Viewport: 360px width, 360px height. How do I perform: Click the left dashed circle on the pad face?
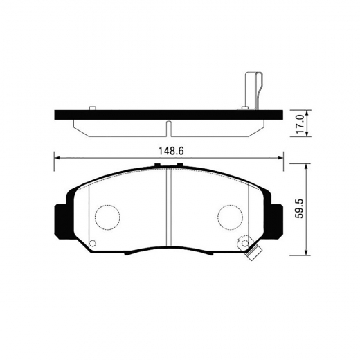pyautogui.click(x=106, y=218)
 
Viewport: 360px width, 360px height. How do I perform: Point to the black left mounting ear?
pyautogui.click(x=60, y=219)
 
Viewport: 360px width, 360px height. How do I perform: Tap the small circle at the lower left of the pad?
pyautogui.click(x=93, y=243)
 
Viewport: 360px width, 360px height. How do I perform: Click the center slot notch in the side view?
pyautogui.click(x=168, y=127)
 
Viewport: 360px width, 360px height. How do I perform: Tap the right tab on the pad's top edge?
pyautogui.click(x=179, y=165)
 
